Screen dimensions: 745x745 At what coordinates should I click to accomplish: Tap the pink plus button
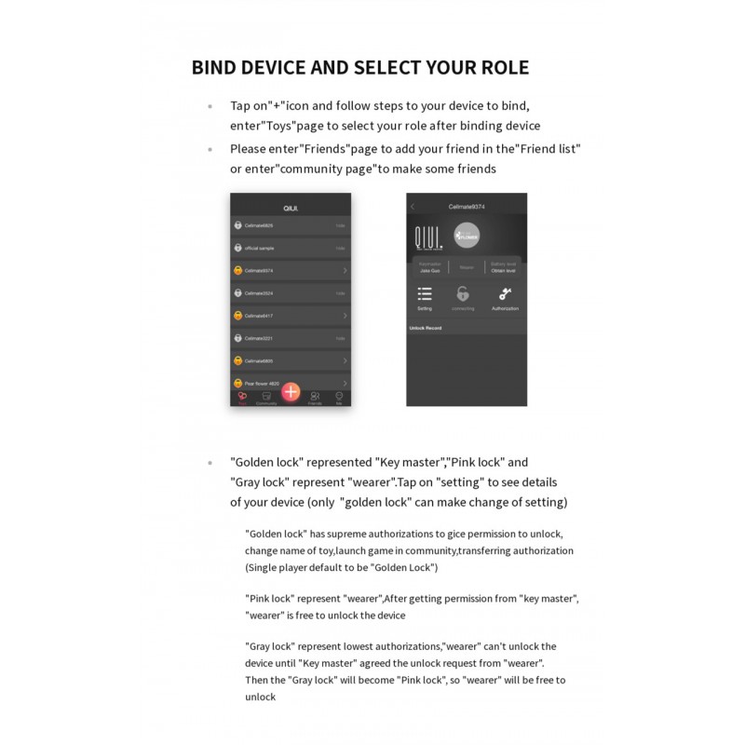pyautogui.click(x=291, y=392)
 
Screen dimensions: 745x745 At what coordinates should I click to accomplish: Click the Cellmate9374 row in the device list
pyautogui.click(x=290, y=270)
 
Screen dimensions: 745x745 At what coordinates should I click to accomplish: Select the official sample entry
pyautogui.click(x=290, y=248)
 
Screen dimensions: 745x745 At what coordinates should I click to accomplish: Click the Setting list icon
pyautogui.click(x=425, y=294)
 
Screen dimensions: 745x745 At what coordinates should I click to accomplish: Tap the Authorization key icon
pyautogui.click(x=505, y=294)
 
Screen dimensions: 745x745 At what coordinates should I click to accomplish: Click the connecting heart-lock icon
pyautogui.click(x=464, y=294)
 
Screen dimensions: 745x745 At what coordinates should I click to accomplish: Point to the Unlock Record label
pyautogui.click(x=426, y=328)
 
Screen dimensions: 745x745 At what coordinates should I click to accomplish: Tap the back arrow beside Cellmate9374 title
pyautogui.click(x=413, y=206)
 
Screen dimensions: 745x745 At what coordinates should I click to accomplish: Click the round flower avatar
pyautogui.click(x=466, y=237)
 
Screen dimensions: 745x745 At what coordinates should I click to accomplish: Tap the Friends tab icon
pyautogui.click(x=315, y=397)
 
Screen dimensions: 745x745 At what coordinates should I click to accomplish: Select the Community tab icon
pyautogui.click(x=266, y=397)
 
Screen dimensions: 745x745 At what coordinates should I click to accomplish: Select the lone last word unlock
pyautogui.click(x=261, y=697)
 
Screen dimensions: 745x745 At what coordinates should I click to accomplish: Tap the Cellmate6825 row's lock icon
pyautogui.click(x=238, y=225)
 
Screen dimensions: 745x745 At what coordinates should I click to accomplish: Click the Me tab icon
pyautogui.click(x=339, y=397)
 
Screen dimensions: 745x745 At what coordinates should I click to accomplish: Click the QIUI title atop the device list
pyautogui.click(x=291, y=207)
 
